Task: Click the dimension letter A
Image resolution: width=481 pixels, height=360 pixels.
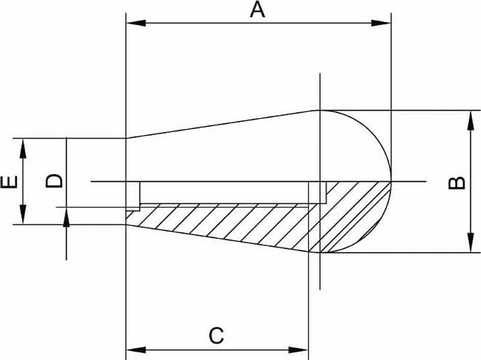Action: pos(258,10)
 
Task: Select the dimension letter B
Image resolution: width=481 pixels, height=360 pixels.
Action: pos(457,183)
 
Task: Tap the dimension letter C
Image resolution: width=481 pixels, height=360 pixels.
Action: pos(216,335)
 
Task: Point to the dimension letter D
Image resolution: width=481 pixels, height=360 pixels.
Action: pos(54,181)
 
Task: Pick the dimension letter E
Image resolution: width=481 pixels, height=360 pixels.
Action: pos(9,182)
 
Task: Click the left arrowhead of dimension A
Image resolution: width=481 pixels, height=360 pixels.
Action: pos(136,23)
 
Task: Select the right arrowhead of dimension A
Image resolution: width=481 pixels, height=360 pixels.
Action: pos(381,23)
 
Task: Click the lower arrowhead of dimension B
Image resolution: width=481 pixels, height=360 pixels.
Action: pos(470,242)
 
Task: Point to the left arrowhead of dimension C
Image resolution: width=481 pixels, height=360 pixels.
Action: pos(136,350)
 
